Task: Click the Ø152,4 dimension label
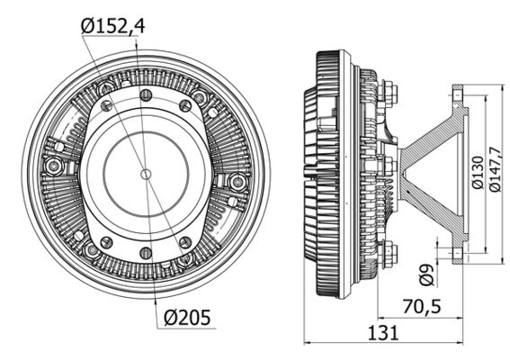(112, 26)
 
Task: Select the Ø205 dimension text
(190, 317)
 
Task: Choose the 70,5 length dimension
(422, 306)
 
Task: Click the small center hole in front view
(146, 173)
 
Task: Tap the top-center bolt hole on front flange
(146, 94)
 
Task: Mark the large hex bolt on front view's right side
(238, 182)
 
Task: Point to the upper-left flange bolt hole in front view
(107, 105)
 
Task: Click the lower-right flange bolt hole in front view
(184, 241)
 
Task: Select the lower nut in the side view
(389, 253)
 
